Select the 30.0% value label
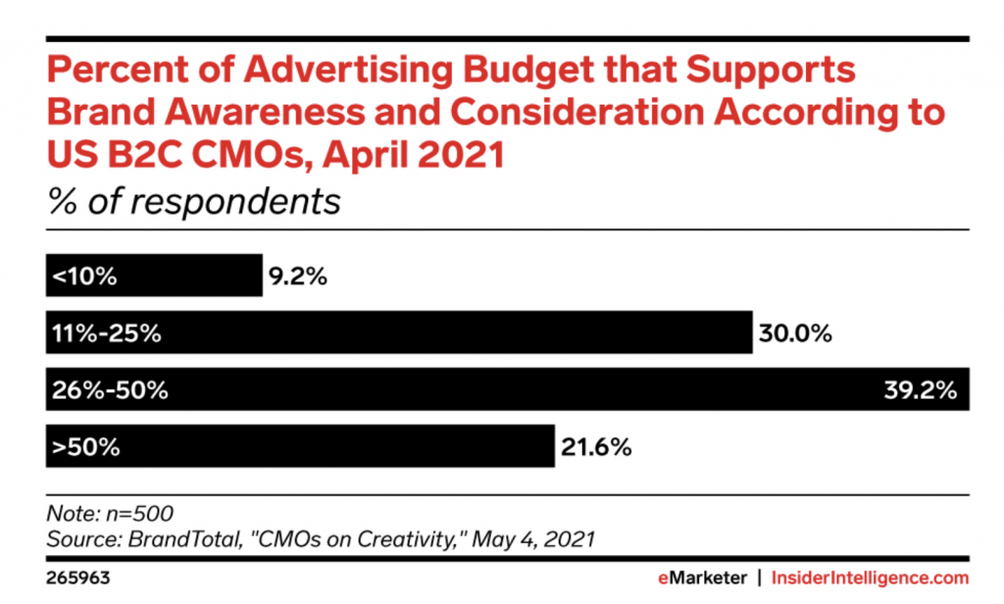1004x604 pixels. (795, 333)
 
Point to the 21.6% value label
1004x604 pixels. (594, 447)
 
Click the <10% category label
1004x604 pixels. (85, 277)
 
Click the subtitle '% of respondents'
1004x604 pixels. (193, 202)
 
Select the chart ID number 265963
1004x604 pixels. (77, 578)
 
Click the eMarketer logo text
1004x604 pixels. (702, 578)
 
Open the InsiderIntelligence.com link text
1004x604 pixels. (871, 578)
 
